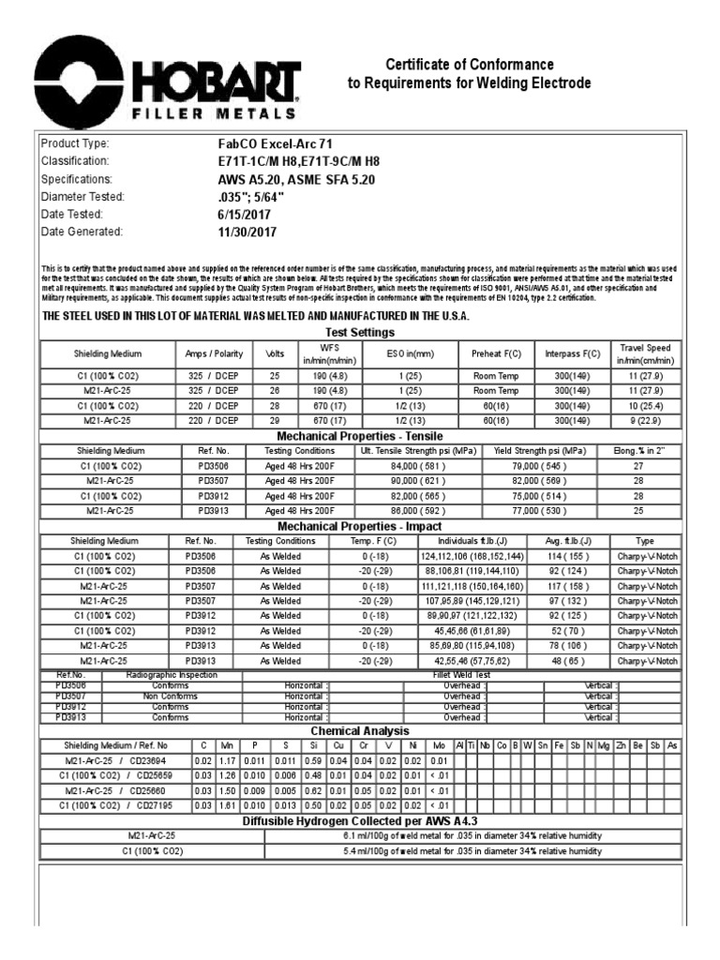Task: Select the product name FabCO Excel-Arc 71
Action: (268, 143)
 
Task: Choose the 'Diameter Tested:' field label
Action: (82, 196)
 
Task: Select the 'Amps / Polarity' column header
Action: (215, 353)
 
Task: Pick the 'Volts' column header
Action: (276, 353)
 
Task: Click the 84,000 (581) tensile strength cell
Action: (418, 465)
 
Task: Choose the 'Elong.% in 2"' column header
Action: (638, 450)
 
